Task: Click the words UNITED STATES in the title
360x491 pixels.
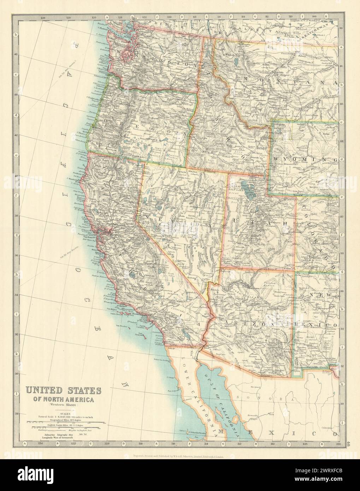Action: coord(63,391)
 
